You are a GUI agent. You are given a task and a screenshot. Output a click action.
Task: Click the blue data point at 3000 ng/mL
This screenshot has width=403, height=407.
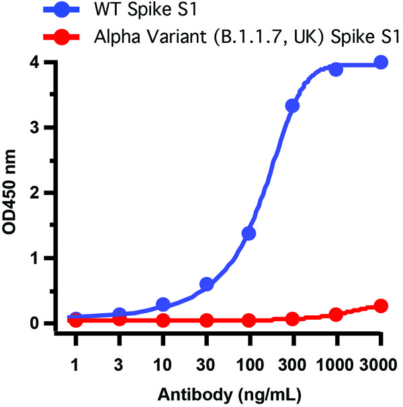tap(381, 62)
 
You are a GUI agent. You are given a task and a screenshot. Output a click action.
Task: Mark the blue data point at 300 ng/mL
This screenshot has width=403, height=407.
tap(293, 106)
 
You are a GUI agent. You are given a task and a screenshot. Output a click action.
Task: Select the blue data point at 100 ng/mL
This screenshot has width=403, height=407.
tap(249, 233)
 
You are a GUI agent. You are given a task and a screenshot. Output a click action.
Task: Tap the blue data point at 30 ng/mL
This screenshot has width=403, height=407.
tap(206, 284)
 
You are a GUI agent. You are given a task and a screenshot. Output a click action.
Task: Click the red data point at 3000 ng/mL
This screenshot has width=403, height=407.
tap(381, 306)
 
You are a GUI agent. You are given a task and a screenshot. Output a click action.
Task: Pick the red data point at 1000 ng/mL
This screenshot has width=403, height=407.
tap(337, 314)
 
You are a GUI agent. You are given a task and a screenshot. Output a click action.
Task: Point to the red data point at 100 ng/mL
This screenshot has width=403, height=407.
tap(249, 321)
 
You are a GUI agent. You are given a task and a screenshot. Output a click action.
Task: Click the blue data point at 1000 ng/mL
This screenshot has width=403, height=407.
tap(337, 69)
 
